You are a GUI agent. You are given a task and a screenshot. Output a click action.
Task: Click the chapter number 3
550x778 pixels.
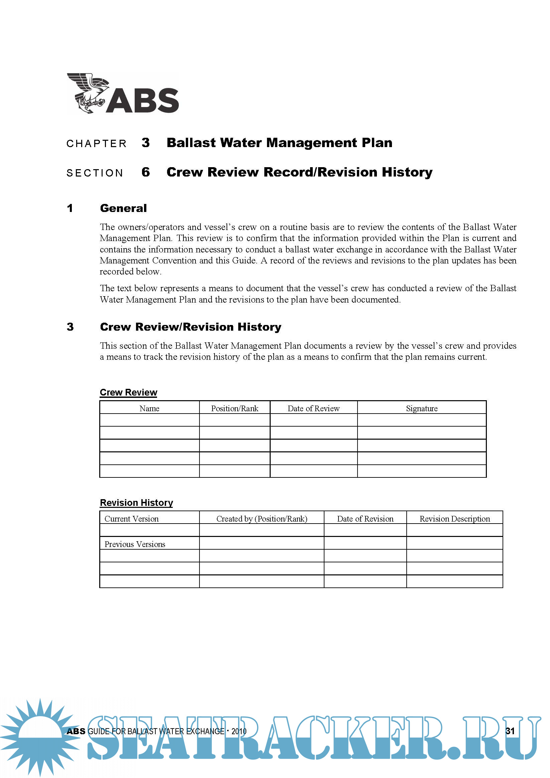click(x=146, y=143)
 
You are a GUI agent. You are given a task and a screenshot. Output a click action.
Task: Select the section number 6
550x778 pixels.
click(x=146, y=172)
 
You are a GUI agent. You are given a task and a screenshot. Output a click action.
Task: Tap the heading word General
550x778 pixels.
click(x=123, y=208)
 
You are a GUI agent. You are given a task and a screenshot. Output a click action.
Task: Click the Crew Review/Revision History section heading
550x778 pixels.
click(x=190, y=327)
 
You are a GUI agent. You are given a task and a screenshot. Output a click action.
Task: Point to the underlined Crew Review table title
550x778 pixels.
click(x=128, y=392)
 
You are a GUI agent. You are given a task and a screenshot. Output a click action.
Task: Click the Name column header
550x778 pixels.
click(x=149, y=408)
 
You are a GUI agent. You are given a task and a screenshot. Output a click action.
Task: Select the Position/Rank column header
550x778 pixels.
click(x=234, y=408)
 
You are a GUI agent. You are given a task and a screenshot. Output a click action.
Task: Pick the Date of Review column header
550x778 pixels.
click(x=313, y=408)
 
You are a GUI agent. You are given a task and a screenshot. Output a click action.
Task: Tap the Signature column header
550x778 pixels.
click(x=422, y=408)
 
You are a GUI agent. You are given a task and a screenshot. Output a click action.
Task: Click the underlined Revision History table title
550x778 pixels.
click(x=136, y=503)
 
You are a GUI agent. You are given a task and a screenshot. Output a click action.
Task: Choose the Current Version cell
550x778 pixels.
click(x=131, y=519)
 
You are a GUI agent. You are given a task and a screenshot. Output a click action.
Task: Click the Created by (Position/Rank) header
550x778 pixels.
click(x=261, y=519)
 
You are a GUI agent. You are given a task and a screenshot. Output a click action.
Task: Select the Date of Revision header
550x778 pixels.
click(x=365, y=519)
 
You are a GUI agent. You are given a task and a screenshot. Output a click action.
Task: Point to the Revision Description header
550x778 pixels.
click(x=454, y=519)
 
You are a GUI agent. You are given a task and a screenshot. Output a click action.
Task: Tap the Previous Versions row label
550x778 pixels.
click(x=135, y=544)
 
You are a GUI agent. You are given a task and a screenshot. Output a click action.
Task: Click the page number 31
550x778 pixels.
click(x=510, y=731)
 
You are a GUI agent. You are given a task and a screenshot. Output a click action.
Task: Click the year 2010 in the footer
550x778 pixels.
click(x=239, y=732)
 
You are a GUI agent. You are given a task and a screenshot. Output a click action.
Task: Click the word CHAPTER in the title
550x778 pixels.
click(x=97, y=144)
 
